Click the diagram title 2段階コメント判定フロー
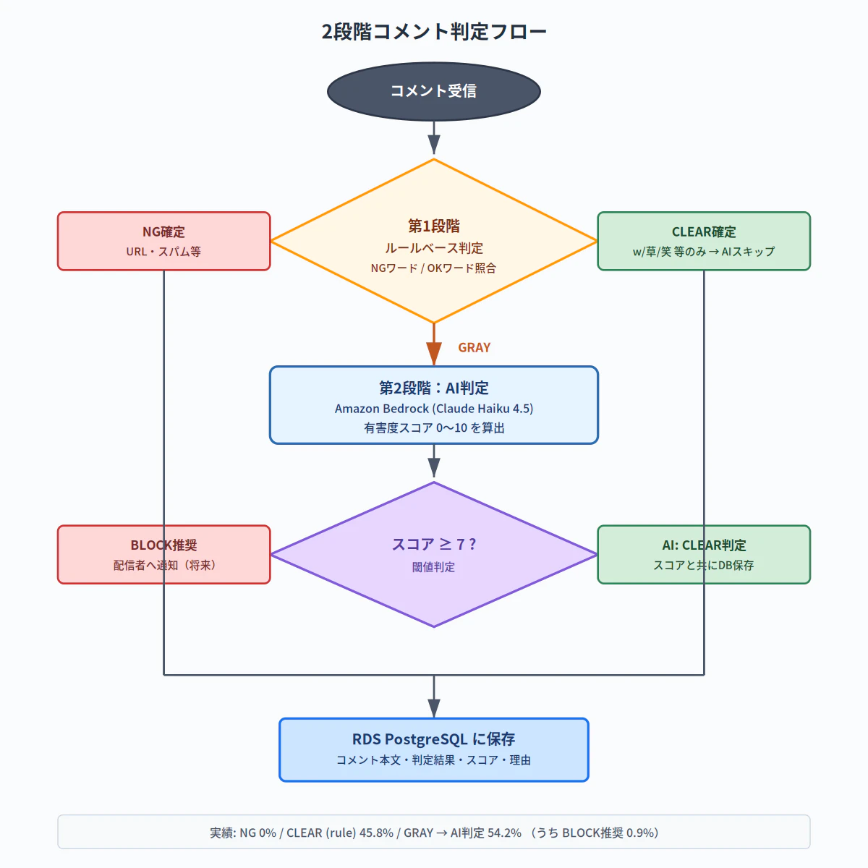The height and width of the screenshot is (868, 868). [x=434, y=32]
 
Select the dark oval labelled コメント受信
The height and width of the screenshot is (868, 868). [x=434, y=91]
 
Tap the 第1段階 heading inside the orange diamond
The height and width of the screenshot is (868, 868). [x=434, y=226]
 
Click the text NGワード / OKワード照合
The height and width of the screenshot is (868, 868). [x=434, y=268]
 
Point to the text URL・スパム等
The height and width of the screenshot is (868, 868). [x=163, y=252]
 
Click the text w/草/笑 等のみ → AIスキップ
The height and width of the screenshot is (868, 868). [x=704, y=252]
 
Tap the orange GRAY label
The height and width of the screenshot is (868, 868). [x=475, y=348]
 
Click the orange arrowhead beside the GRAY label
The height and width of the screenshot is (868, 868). [x=434, y=354]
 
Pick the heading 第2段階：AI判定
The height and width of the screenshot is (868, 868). [x=434, y=388]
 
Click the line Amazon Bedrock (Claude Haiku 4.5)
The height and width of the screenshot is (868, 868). [x=434, y=409]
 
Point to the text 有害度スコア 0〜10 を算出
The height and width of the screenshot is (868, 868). [x=434, y=428]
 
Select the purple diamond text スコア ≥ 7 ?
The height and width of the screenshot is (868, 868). [x=434, y=545]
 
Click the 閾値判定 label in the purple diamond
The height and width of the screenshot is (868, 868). [x=434, y=567]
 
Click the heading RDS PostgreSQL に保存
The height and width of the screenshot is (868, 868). [x=434, y=739]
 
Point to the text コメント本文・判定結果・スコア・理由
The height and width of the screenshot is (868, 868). [x=434, y=760]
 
